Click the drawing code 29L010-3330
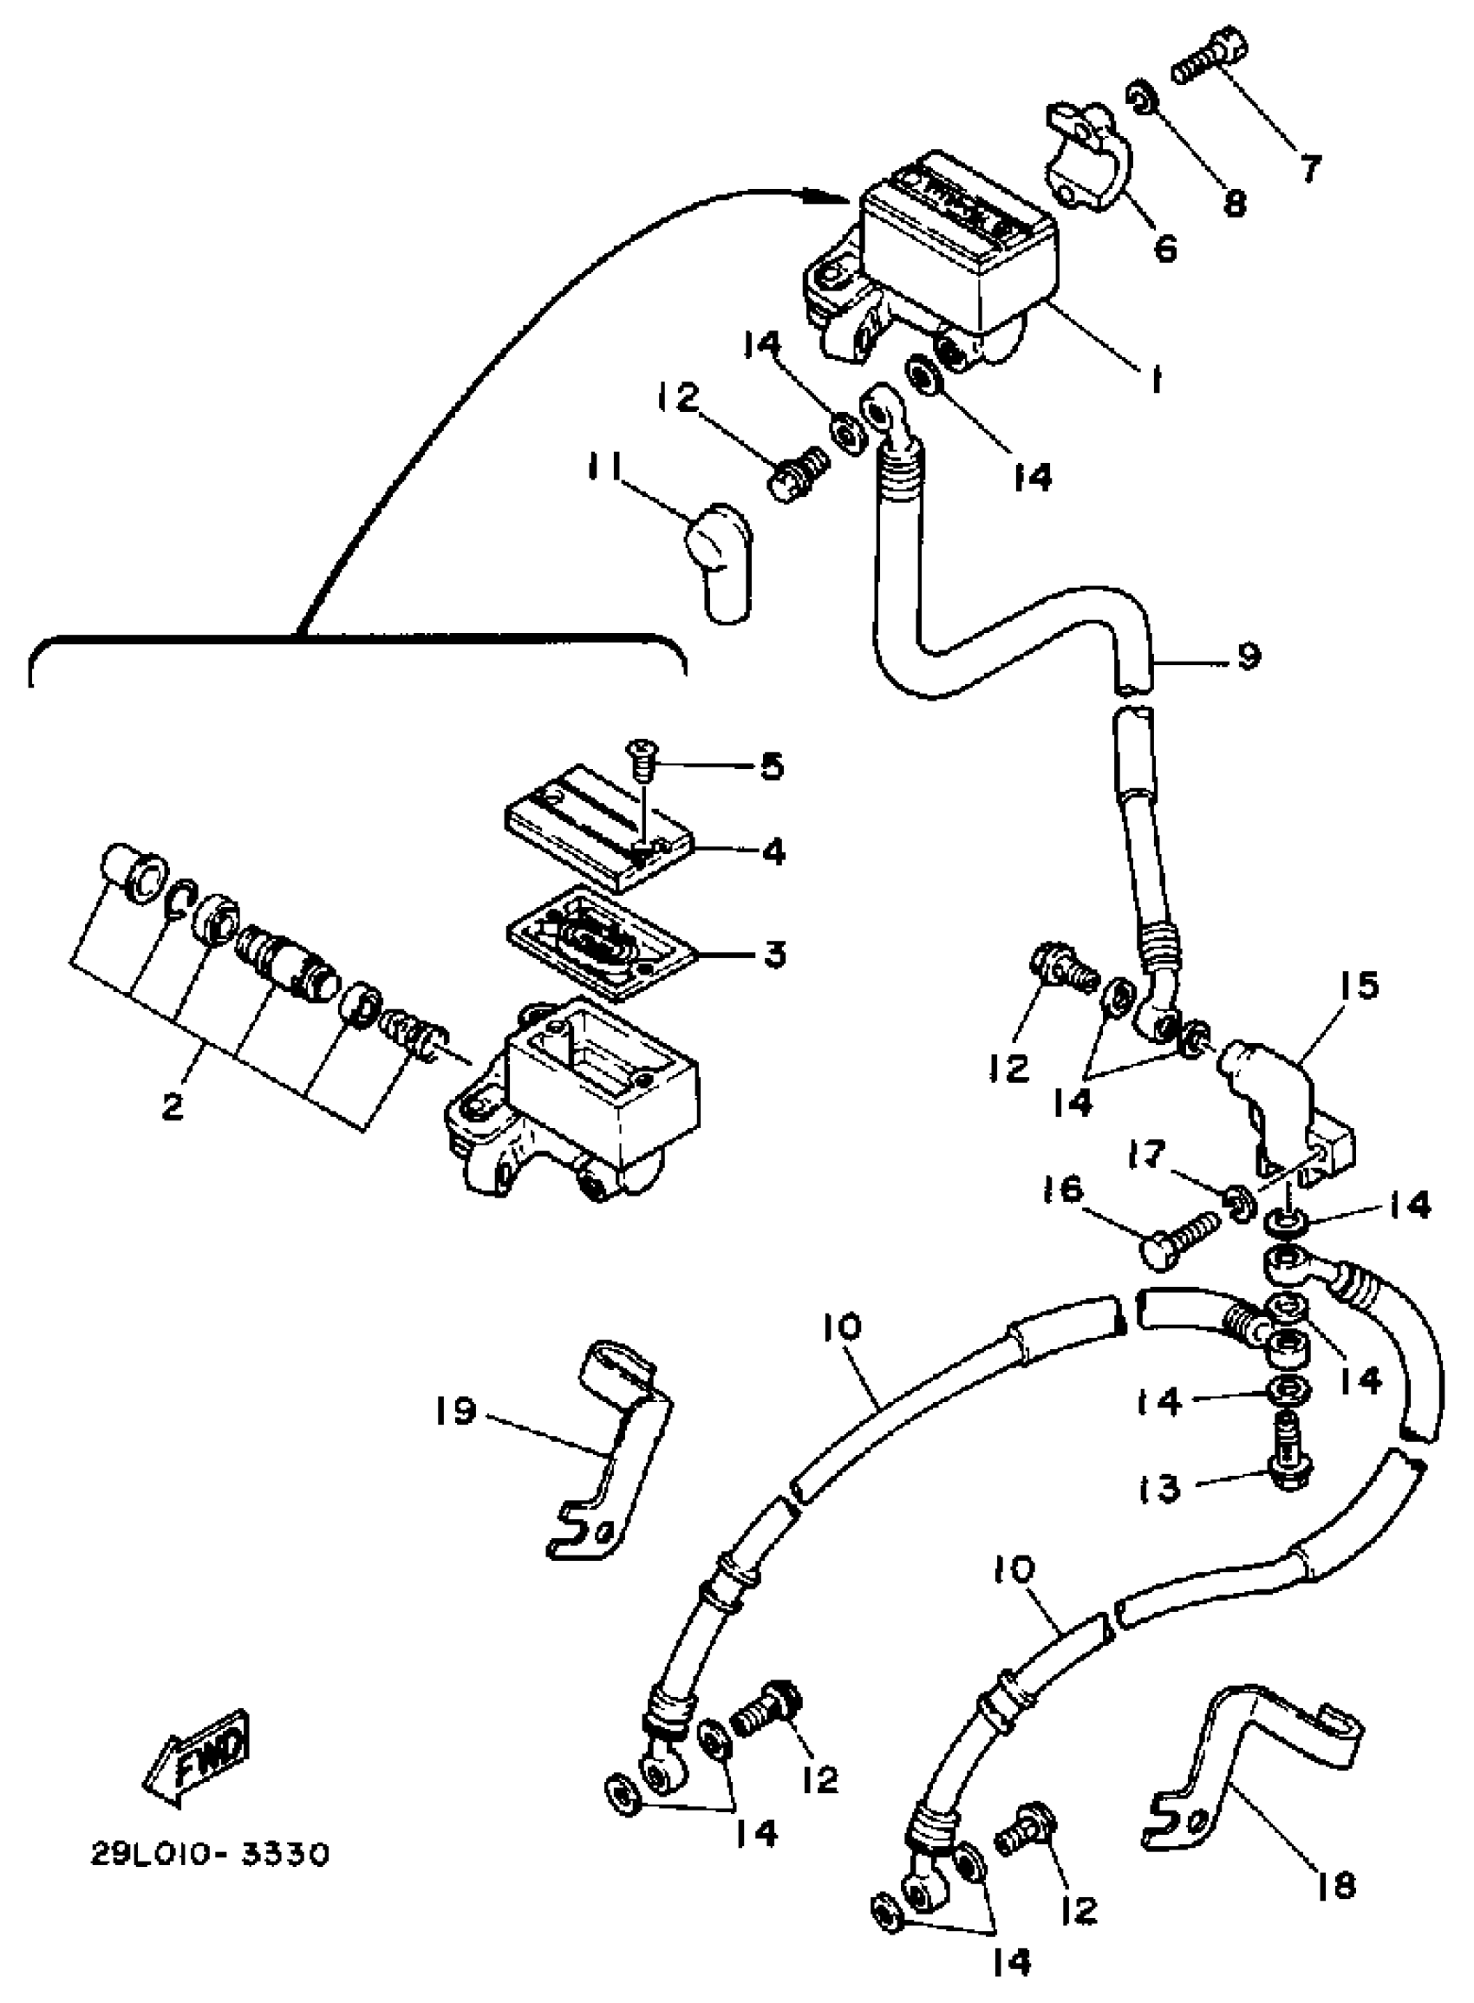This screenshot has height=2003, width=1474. click(211, 1854)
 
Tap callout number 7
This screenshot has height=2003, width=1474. click(1309, 168)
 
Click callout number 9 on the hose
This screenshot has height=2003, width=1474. click(1249, 656)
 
